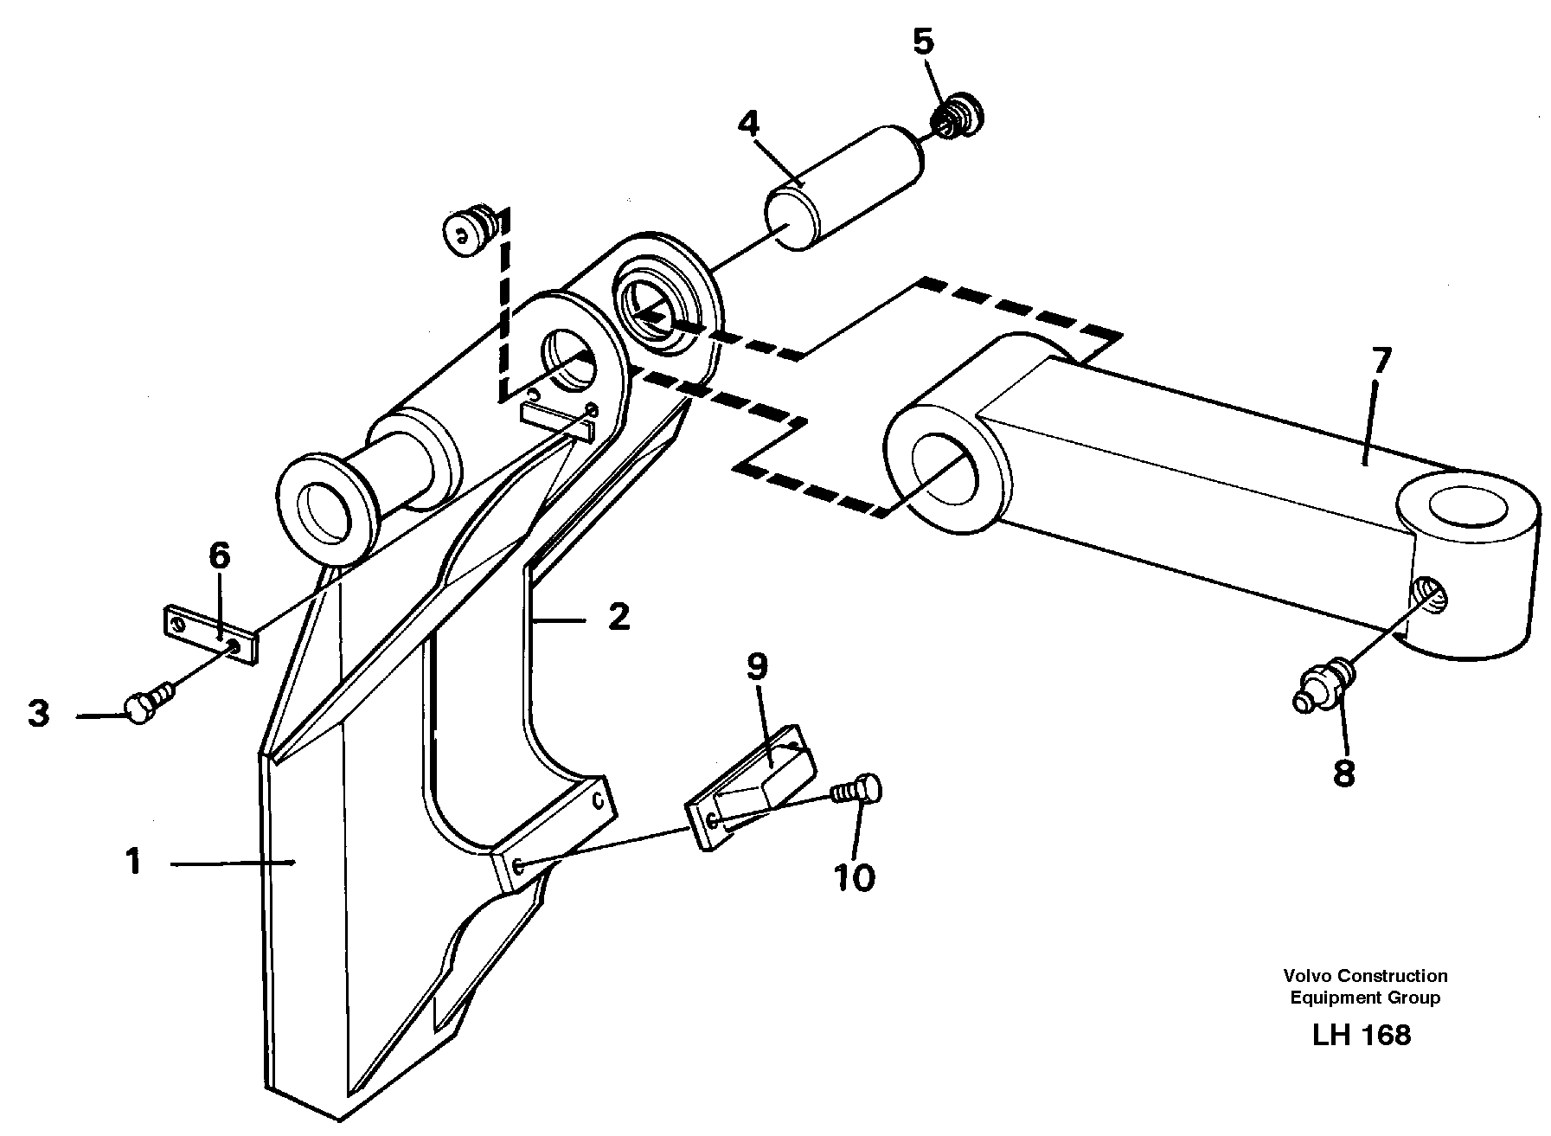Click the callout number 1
pos(132,862)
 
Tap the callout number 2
pos(618,617)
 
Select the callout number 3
pos(38,715)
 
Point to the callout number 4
pos(748,124)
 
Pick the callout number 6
pos(220,556)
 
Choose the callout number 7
pos(1381,359)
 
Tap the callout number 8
pos(1343,773)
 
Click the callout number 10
pos(855,877)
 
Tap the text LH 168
pos(1361,1035)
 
